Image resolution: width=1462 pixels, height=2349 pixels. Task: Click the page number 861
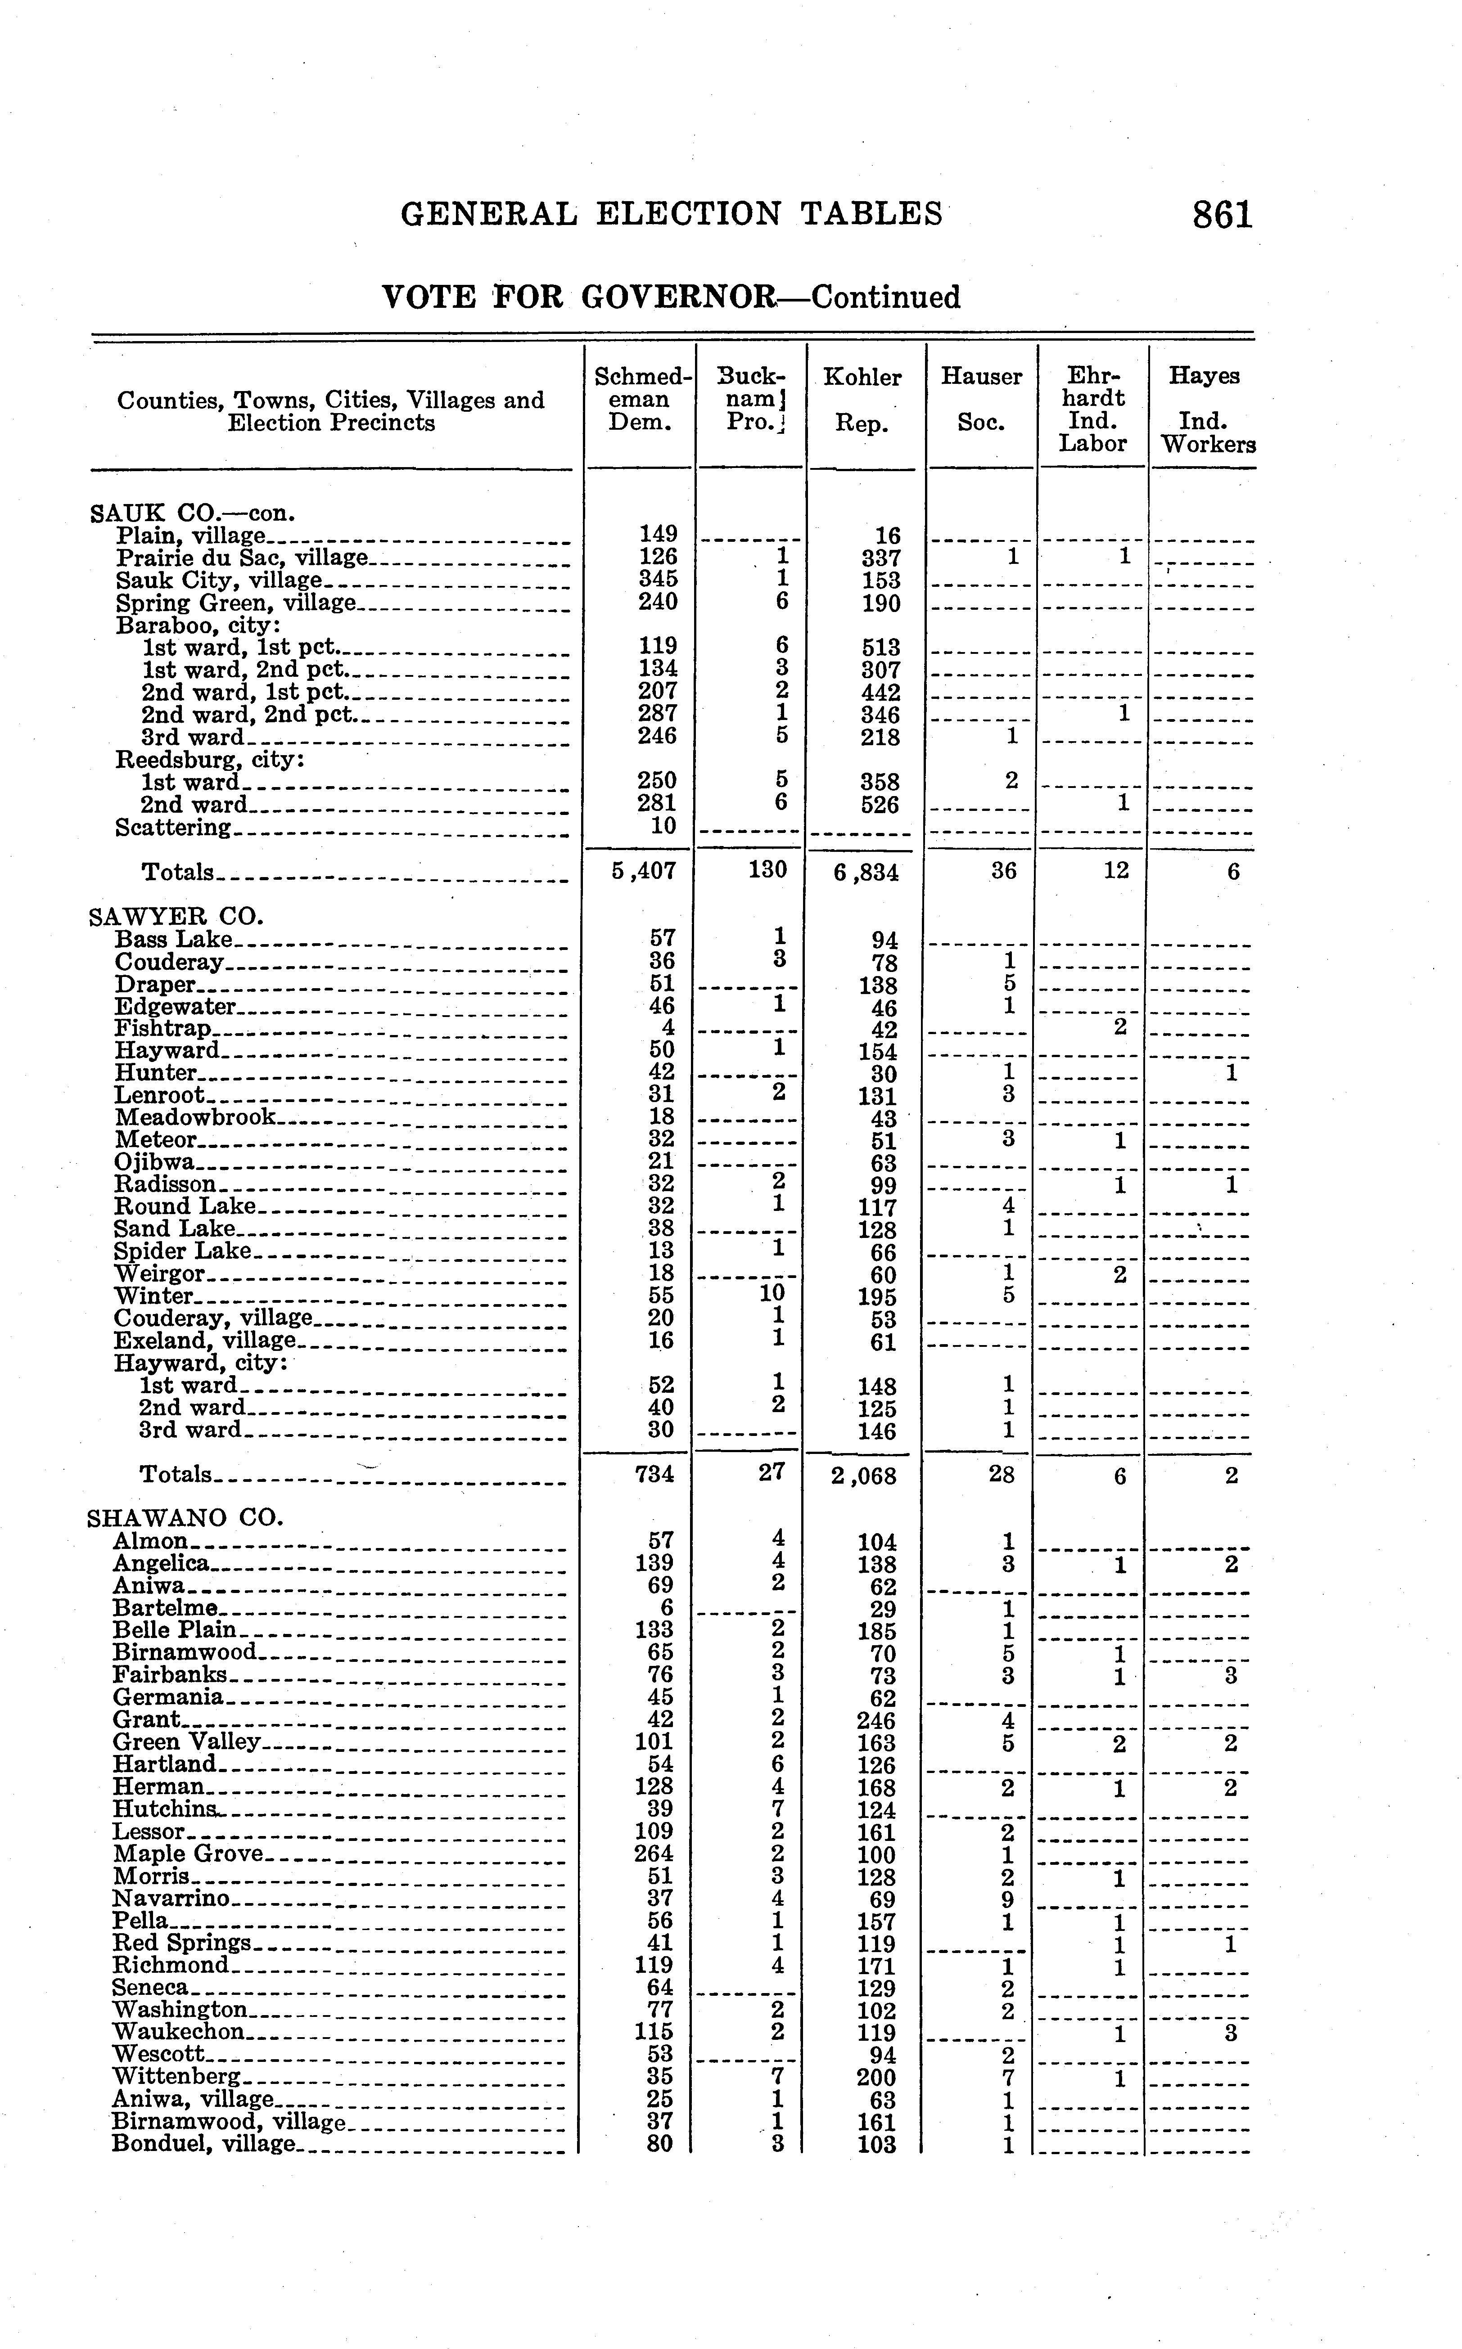tap(1222, 215)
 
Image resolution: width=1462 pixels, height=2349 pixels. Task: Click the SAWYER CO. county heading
tap(176, 915)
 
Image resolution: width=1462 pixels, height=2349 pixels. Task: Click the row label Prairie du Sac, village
tap(242, 558)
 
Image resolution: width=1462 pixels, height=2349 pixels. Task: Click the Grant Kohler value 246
tap(876, 1721)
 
